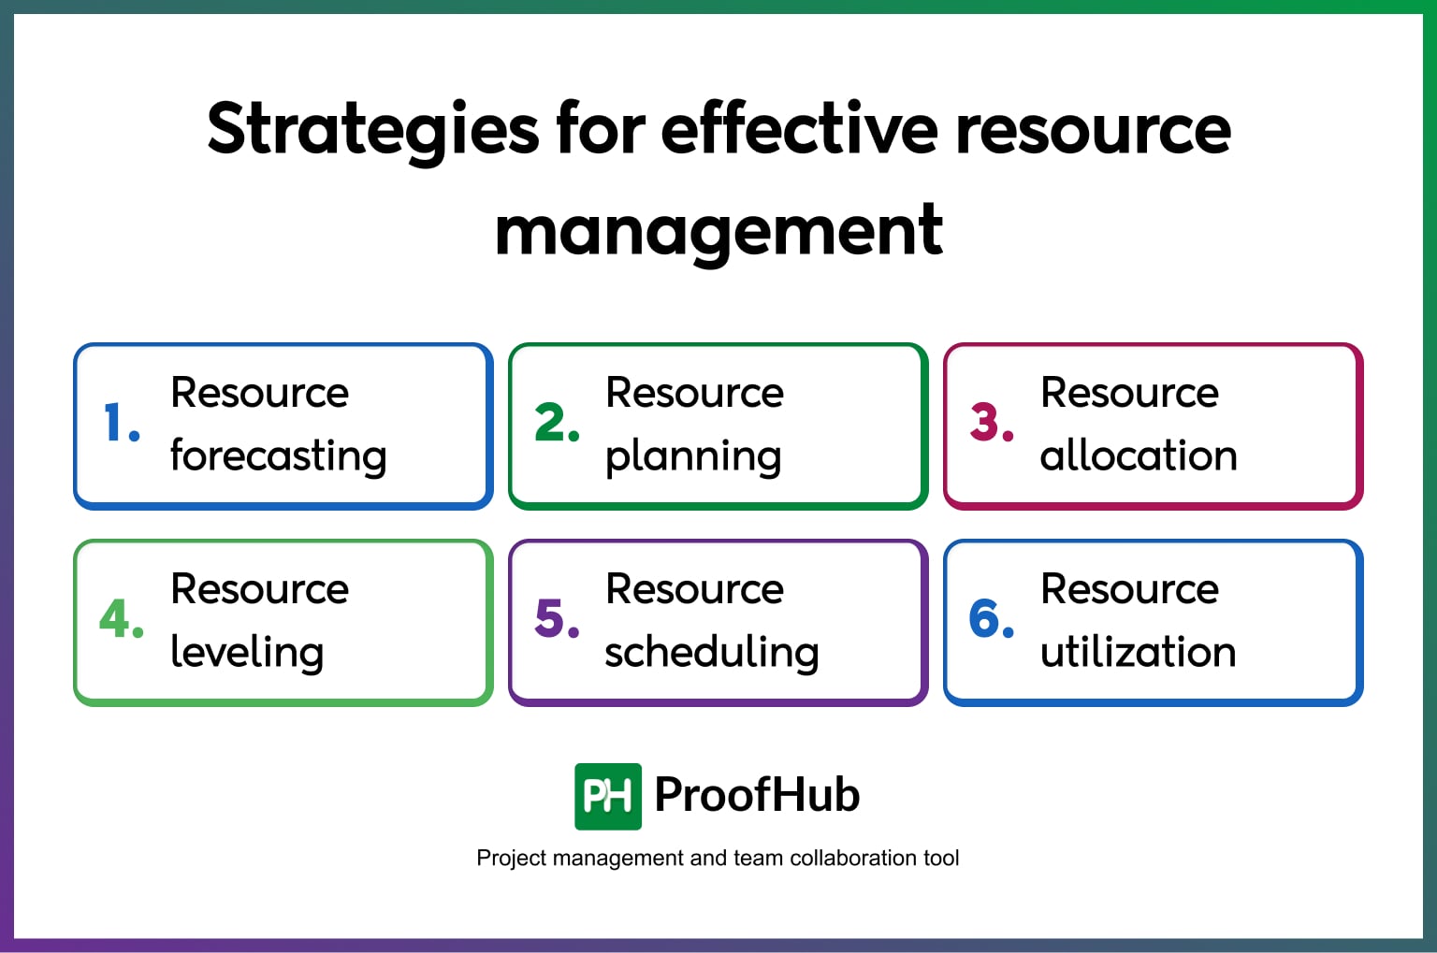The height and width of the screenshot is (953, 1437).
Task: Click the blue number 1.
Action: [x=121, y=423]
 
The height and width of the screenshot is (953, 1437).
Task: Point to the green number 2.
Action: [x=556, y=423]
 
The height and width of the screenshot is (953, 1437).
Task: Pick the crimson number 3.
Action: [x=991, y=423]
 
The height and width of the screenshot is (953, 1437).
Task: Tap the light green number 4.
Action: [x=121, y=619]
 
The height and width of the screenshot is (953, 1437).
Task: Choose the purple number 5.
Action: [x=556, y=619]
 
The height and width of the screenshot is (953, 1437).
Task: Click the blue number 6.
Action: [x=991, y=619]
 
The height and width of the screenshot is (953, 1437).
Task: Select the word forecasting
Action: [x=278, y=456]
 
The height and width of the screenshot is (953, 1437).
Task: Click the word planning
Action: [x=693, y=456]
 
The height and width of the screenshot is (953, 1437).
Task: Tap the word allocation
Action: [x=1139, y=456]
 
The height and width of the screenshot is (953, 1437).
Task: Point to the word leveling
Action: [x=247, y=653]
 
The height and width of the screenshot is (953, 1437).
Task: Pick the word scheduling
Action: [x=712, y=653]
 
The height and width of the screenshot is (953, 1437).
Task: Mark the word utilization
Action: [x=1138, y=653]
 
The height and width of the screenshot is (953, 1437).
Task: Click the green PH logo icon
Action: [x=607, y=797]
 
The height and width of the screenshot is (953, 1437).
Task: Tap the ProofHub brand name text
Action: [x=757, y=795]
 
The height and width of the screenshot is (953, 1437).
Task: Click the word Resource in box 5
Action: [x=694, y=589]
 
